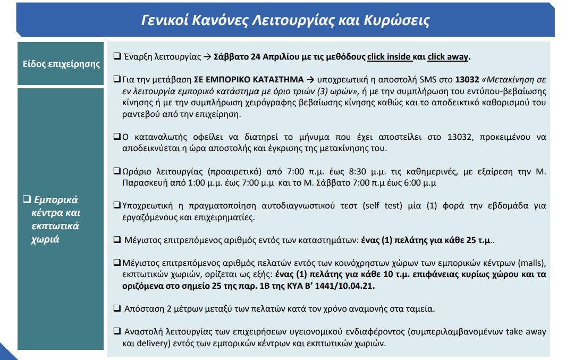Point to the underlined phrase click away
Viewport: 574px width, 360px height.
(x=448, y=57)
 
